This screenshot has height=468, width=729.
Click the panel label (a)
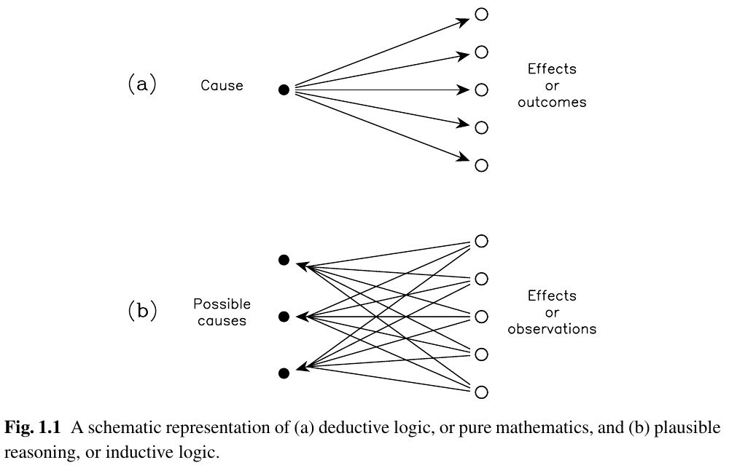[x=142, y=84]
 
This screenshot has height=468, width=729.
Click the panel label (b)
[x=142, y=311]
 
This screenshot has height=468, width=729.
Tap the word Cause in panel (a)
[x=222, y=85]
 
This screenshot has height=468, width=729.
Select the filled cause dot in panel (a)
[x=284, y=90]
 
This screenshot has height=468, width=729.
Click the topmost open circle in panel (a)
[x=481, y=15]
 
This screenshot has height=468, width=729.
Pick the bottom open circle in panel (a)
[x=481, y=165]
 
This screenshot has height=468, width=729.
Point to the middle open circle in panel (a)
[x=481, y=90]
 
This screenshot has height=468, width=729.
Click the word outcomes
[x=552, y=102]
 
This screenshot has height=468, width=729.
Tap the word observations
[x=552, y=329]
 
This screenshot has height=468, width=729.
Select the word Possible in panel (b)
[x=222, y=304]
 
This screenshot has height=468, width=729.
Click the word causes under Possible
[x=222, y=321]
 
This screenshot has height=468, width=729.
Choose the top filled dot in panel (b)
[x=284, y=260]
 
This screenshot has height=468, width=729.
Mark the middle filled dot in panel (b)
[x=284, y=317]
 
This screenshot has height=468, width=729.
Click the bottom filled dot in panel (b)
[x=284, y=373]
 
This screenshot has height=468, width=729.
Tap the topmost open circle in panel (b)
[x=481, y=241]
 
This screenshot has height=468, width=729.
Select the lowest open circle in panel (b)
[x=481, y=392]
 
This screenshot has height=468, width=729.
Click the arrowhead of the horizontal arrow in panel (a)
[x=464, y=90]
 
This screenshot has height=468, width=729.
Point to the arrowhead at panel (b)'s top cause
[x=303, y=266]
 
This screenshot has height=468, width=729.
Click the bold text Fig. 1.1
[x=33, y=427]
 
